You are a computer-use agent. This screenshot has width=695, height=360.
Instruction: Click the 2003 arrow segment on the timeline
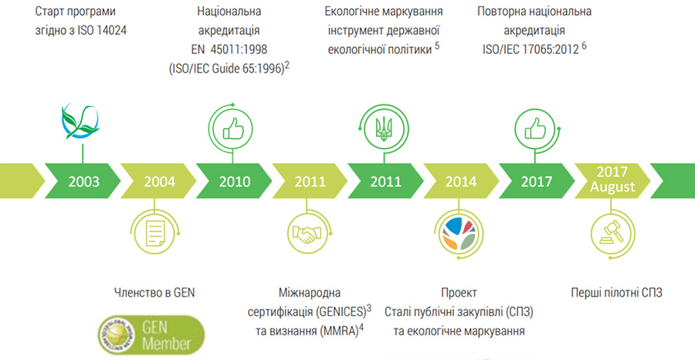83,182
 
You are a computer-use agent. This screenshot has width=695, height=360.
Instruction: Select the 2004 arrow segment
159,182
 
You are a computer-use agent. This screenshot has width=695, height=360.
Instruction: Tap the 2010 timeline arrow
235,182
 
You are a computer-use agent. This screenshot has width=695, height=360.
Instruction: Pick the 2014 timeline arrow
462,182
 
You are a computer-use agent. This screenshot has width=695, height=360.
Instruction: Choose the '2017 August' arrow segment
612,182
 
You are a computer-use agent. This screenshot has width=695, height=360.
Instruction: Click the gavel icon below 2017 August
612,233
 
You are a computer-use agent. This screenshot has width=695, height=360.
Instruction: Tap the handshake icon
307,233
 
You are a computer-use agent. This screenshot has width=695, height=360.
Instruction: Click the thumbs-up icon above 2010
232,129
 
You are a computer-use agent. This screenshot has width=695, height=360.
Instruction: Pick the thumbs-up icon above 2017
534,129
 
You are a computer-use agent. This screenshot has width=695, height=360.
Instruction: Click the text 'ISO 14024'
101,31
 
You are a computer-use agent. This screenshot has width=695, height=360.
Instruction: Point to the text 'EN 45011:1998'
229,50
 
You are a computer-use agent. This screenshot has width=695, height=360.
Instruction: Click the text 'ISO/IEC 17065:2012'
531,50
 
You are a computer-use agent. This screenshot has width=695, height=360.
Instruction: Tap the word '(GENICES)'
341,312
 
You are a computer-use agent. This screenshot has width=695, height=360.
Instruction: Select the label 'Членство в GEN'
154,293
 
